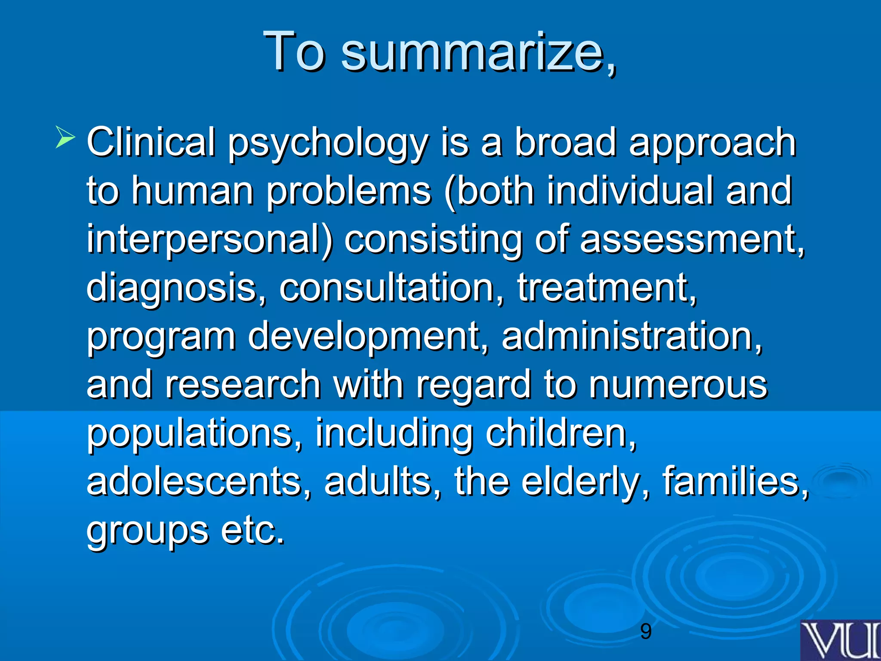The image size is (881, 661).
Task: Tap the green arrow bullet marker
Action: (x=65, y=138)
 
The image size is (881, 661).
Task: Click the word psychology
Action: (x=328, y=144)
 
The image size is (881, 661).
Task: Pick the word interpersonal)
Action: (x=209, y=240)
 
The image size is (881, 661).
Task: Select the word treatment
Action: (x=607, y=287)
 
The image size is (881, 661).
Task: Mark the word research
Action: (x=243, y=384)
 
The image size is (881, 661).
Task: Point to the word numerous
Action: (x=678, y=384)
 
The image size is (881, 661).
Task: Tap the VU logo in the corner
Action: (x=841, y=640)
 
